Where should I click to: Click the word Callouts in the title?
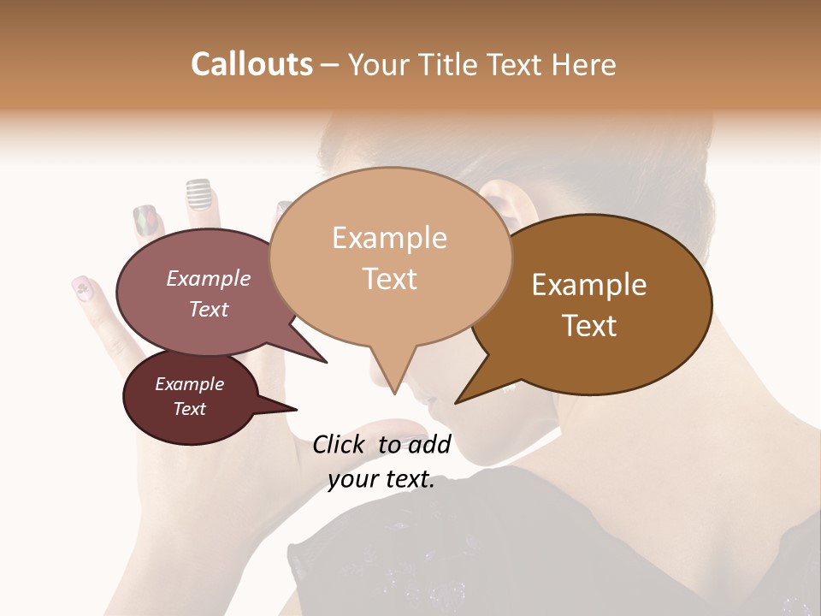(x=251, y=64)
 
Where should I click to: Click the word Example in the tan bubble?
(x=389, y=238)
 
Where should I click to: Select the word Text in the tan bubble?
(x=389, y=278)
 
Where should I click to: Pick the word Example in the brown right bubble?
(x=589, y=285)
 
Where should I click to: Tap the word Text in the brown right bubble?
(x=589, y=325)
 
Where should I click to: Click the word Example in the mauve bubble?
(x=209, y=279)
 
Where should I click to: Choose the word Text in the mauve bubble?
(x=209, y=309)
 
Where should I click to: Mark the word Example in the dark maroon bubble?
(x=189, y=384)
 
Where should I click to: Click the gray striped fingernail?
(x=198, y=194)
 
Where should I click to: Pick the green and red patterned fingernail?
(x=145, y=221)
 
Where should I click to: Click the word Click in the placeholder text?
(x=340, y=444)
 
